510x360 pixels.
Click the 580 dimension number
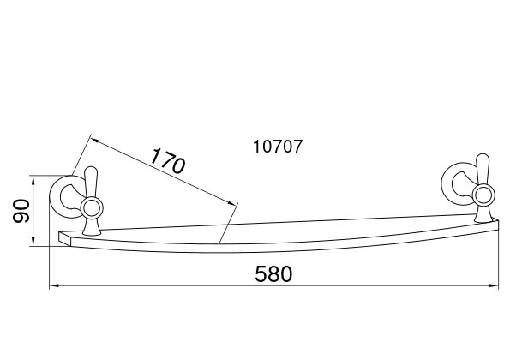pyautogui.click(x=273, y=273)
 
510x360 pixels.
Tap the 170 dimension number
pyautogui.click(x=168, y=160)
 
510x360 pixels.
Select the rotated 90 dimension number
pyautogui.click(x=21, y=211)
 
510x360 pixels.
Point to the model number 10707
pyautogui.click(x=278, y=147)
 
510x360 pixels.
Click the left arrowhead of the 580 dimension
pyautogui.click(x=53, y=285)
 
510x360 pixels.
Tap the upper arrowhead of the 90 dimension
pyautogui.click(x=33, y=179)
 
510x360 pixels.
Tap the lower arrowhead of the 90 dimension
pyautogui.click(x=33, y=243)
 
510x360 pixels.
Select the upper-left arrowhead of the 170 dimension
pyautogui.click(x=94, y=141)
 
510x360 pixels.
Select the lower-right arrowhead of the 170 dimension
pyautogui.click(x=231, y=203)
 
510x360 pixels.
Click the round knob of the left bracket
pyautogui.click(x=92, y=207)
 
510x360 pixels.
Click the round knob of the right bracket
pyautogui.click(x=483, y=195)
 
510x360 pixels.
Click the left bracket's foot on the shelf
pyautogui.click(x=92, y=227)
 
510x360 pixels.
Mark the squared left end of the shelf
pyautogui.click(x=64, y=237)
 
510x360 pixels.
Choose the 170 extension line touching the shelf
pyautogui.click(x=229, y=223)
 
